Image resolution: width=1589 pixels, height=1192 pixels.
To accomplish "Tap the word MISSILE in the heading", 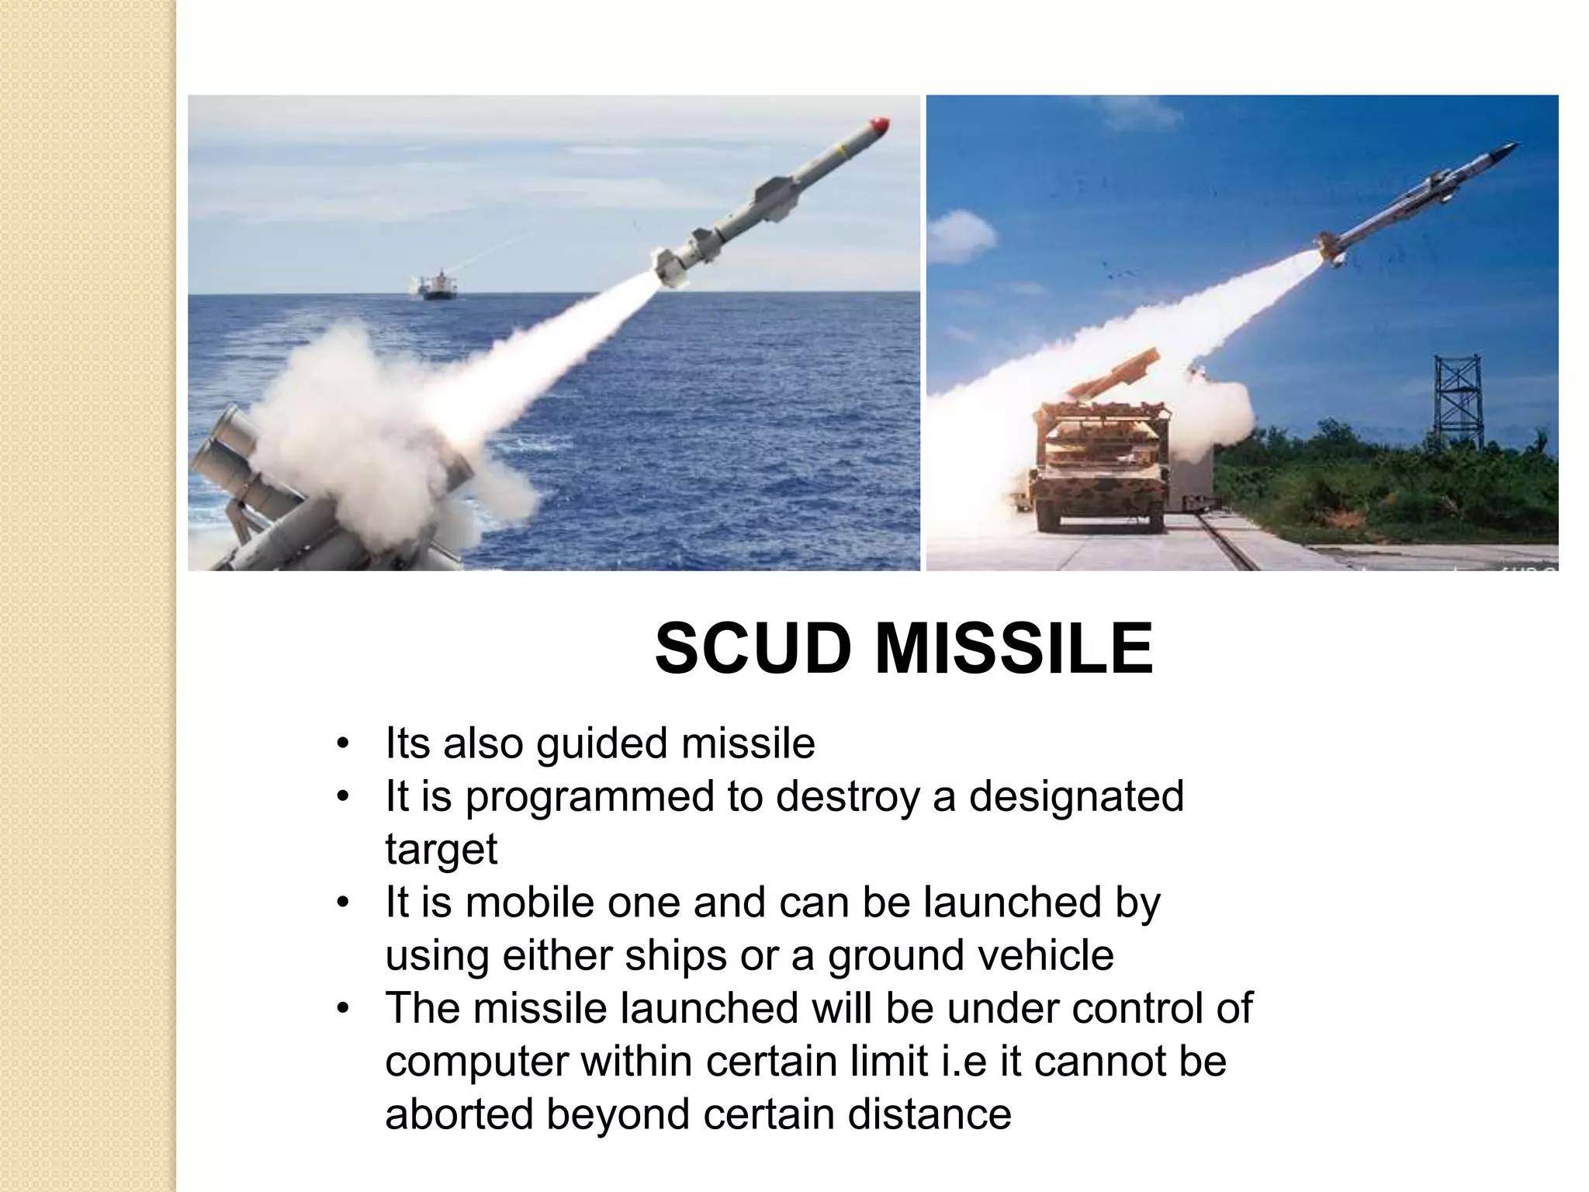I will click(x=1014, y=649).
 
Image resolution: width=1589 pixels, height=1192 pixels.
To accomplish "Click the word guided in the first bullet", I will click(x=602, y=743).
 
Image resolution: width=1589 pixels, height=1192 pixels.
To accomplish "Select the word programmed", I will click(x=589, y=797).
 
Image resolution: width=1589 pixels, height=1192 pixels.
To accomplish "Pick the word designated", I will click(x=1076, y=796).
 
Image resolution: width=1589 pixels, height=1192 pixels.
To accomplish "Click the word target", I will click(x=441, y=850).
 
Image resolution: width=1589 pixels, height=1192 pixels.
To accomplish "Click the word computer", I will click(x=476, y=1062).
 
